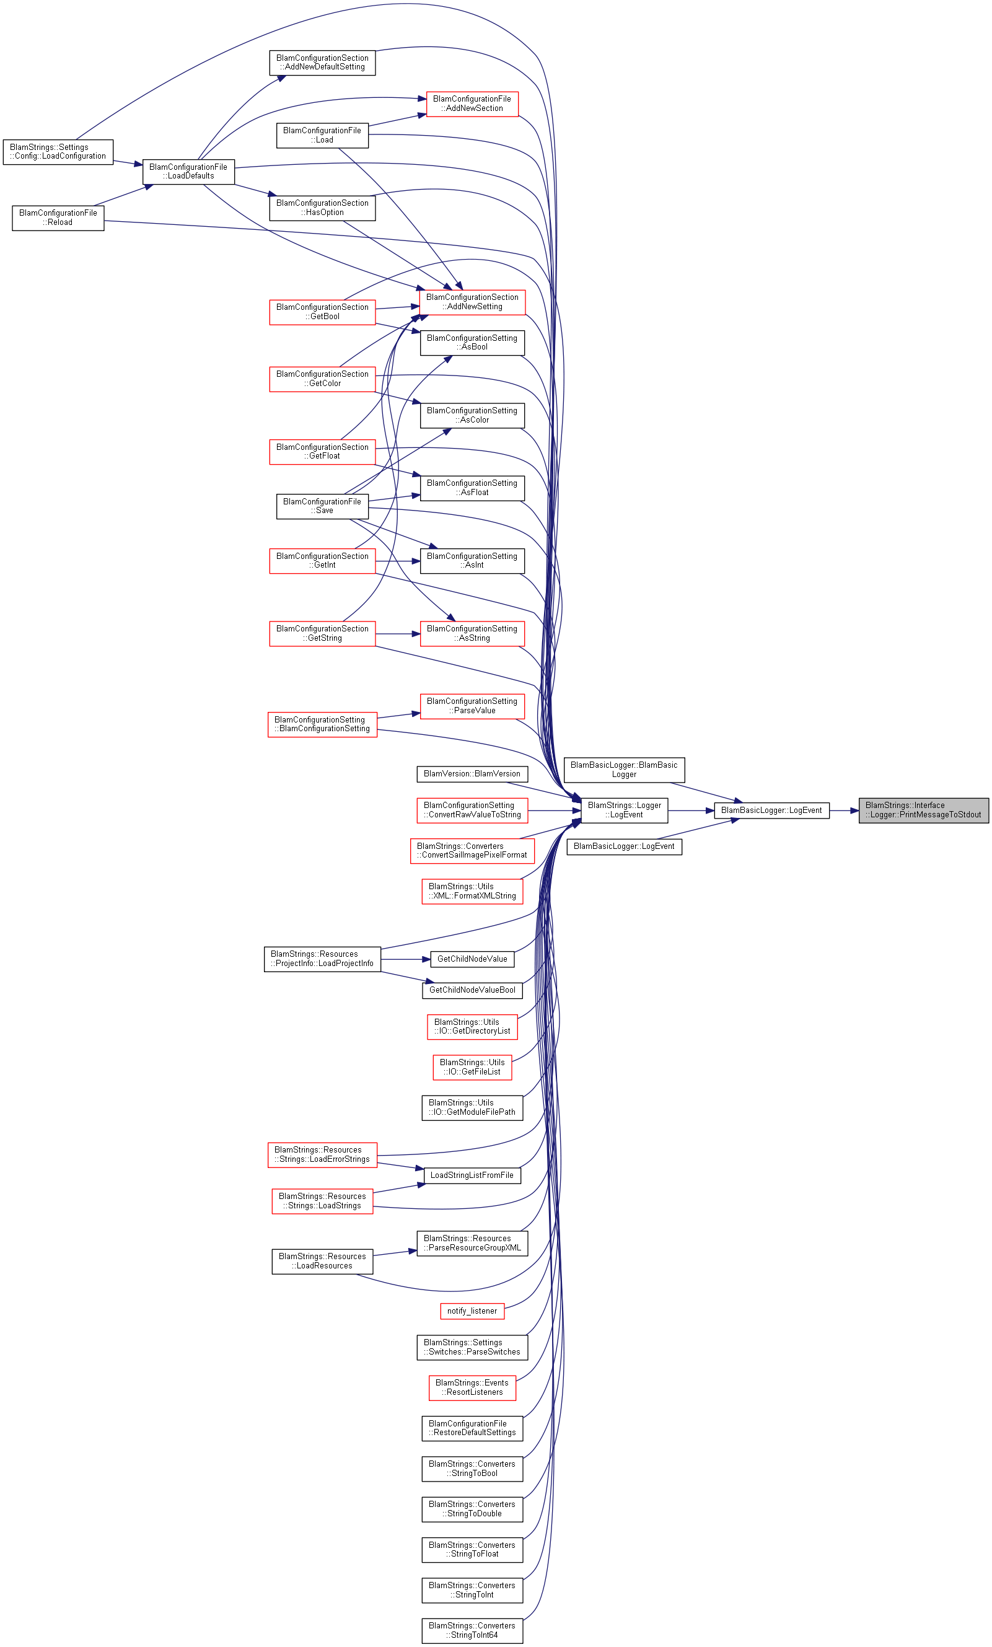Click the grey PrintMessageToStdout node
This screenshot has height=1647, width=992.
tap(923, 810)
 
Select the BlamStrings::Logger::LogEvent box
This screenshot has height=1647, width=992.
tap(624, 810)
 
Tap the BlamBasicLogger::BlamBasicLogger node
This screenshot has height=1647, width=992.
tap(624, 770)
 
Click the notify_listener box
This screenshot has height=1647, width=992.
tap(472, 1311)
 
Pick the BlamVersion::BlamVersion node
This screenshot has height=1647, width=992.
tap(472, 773)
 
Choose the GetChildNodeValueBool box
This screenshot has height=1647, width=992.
tap(472, 990)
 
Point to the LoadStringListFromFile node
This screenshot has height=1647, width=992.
tap(472, 1175)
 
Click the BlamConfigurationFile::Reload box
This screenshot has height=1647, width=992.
tap(58, 218)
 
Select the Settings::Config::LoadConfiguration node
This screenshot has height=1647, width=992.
tap(58, 152)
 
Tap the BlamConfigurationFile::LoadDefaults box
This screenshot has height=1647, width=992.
tap(188, 172)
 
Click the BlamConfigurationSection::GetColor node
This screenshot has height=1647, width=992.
tap(322, 379)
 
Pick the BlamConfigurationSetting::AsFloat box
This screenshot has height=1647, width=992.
tap(472, 488)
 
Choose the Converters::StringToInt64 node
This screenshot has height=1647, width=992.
tap(472, 1630)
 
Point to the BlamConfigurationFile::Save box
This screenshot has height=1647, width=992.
tap(322, 506)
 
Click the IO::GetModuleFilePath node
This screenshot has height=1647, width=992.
tap(472, 1107)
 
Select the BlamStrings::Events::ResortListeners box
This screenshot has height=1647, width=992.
tap(472, 1387)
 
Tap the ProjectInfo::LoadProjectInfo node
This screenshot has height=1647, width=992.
tap(322, 959)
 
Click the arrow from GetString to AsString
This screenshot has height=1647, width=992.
tap(398, 634)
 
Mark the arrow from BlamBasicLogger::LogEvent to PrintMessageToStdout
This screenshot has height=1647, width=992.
tap(843, 810)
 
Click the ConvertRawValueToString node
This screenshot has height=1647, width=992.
tap(472, 810)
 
